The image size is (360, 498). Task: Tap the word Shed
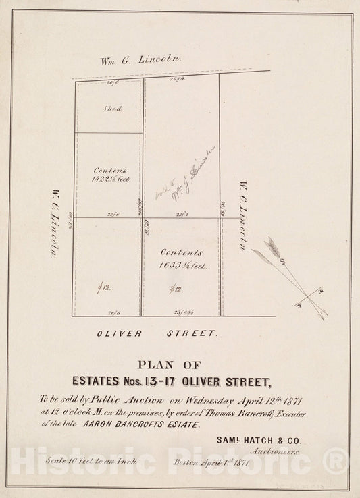pyautogui.click(x=111, y=108)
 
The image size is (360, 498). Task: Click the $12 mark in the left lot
pyautogui.click(x=103, y=289)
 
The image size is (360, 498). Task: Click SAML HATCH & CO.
pyautogui.click(x=259, y=440)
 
